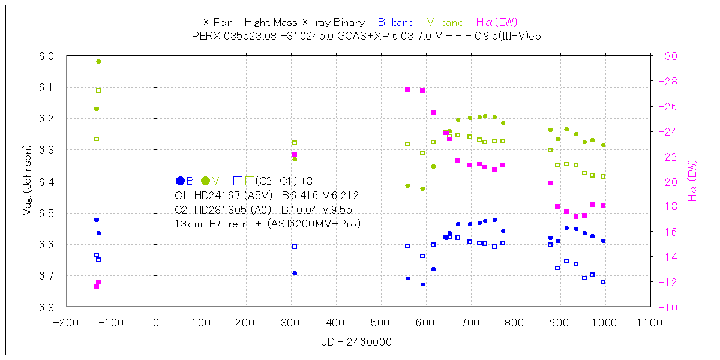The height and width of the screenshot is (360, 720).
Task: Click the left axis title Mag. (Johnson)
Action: [28, 180]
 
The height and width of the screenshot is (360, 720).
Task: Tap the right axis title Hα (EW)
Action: [692, 181]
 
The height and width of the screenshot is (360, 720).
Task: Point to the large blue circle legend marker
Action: [180, 181]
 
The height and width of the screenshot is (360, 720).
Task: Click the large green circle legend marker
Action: [205, 181]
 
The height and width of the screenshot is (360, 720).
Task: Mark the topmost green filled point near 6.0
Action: [98, 61]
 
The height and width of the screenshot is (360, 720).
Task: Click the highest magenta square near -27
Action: [407, 89]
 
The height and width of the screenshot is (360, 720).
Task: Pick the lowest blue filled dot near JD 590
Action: [422, 284]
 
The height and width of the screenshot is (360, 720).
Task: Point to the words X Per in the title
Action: [217, 22]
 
